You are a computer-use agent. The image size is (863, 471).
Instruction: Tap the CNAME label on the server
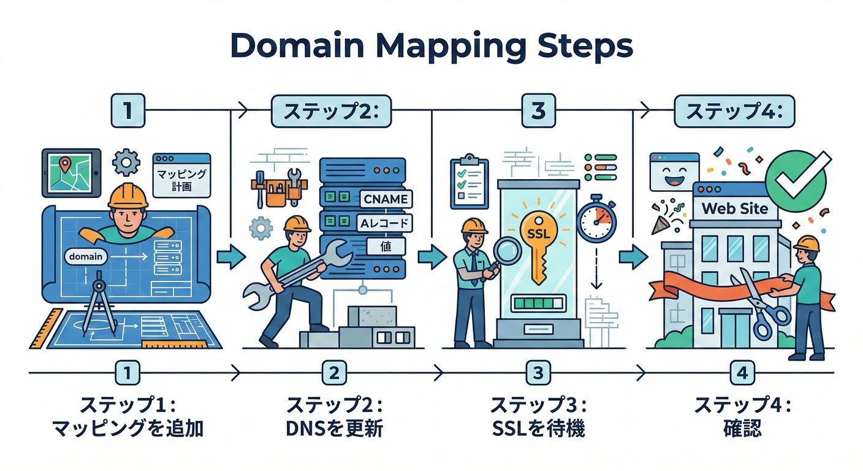pos(385,199)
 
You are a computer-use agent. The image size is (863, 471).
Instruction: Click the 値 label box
pos(386,247)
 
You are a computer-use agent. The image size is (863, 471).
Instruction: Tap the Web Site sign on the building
pos(734,209)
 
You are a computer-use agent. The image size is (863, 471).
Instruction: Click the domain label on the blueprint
pos(86,256)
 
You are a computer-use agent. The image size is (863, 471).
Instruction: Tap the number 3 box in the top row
pos(538,111)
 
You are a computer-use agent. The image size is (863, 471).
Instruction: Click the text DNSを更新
pos(334,428)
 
